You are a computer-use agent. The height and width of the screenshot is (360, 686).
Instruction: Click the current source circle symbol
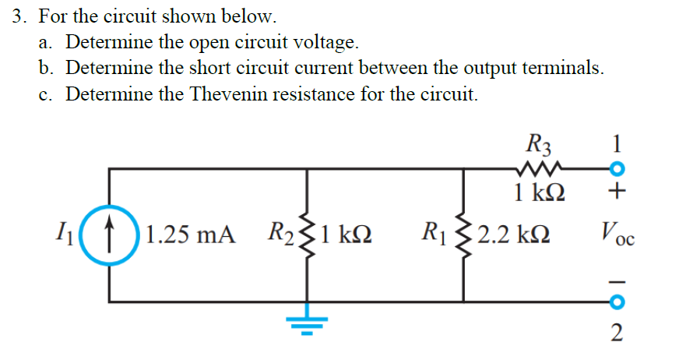click(x=109, y=234)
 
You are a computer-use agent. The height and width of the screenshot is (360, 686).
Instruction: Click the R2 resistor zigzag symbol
click(x=309, y=234)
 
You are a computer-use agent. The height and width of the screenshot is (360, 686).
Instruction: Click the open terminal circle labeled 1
click(x=616, y=169)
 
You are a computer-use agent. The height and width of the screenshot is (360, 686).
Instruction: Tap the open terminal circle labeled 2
click(x=616, y=300)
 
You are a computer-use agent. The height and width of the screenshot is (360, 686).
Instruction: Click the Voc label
click(x=617, y=233)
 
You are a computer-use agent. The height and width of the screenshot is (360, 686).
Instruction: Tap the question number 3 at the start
click(x=19, y=16)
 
